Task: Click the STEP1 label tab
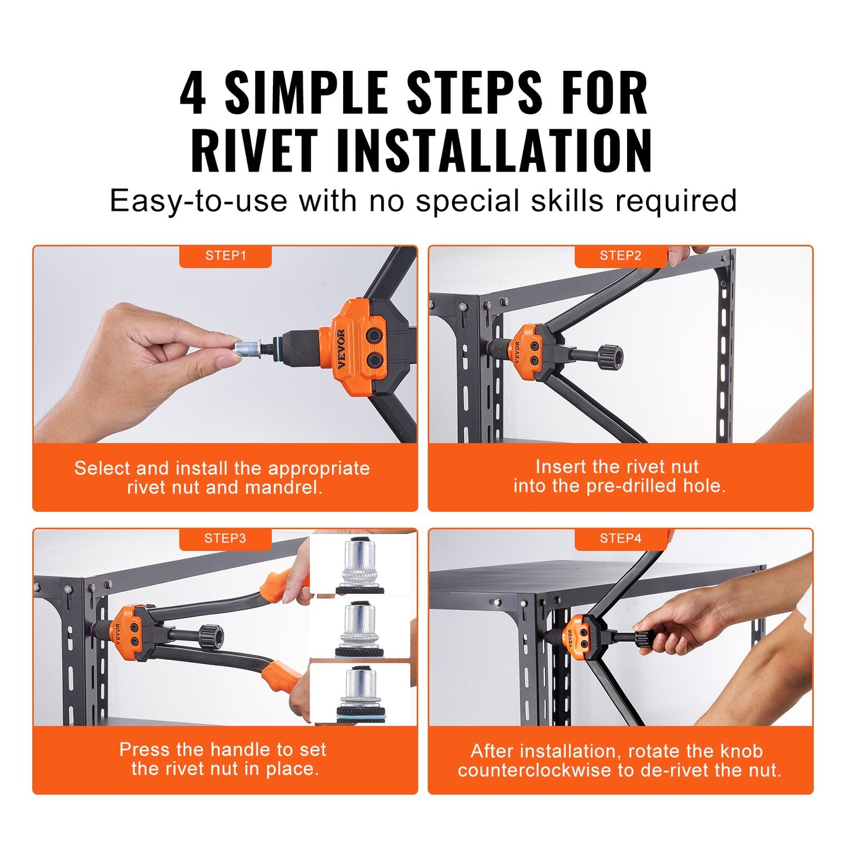click(225, 256)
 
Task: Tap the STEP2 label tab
click(620, 256)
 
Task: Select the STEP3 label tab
click(225, 539)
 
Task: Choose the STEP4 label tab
click(620, 539)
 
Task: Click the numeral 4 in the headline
click(193, 93)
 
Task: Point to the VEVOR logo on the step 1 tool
click(341, 349)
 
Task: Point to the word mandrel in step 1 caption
click(283, 488)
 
